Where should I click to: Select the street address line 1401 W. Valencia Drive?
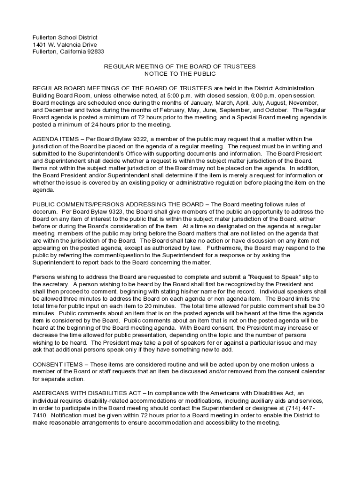(65, 45)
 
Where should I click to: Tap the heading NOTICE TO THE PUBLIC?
(180, 74)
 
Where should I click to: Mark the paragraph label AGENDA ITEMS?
(52, 139)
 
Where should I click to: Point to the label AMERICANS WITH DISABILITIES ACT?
(87, 394)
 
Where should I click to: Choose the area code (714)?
(302, 408)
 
